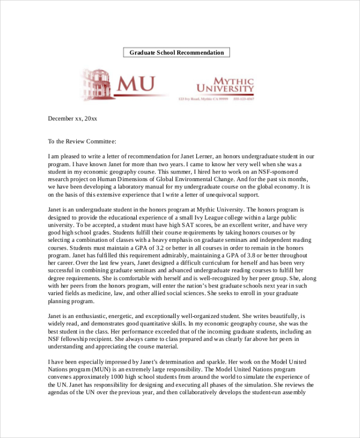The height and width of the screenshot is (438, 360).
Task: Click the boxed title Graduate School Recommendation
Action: [x=176, y=53]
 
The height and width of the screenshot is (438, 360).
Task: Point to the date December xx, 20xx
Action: [x=72, y=119]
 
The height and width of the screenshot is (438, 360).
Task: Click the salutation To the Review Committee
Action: [x=82, y=142]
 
